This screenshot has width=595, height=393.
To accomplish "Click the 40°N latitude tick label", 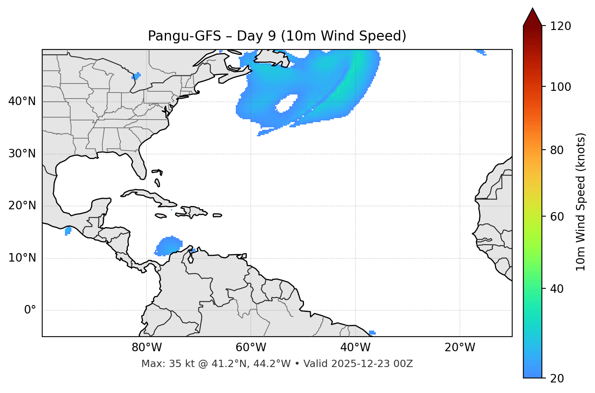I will coord(22,101).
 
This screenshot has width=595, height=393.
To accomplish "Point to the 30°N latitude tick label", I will coord(22,154).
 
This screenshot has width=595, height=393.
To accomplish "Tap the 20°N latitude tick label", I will coord(22,206).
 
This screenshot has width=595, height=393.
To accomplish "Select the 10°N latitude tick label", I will coord(22,258).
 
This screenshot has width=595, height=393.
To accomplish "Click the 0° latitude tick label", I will coord(30,310).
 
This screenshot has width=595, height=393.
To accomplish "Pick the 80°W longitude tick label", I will coord(147,348).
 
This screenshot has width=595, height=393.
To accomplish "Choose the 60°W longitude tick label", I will coord(251,348).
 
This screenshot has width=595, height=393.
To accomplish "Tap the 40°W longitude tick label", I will coord(355,348).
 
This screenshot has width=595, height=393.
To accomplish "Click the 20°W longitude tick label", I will coord(459,348).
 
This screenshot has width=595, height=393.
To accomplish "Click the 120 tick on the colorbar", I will coord(561,26).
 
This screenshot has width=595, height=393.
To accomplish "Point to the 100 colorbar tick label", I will coord(561,87).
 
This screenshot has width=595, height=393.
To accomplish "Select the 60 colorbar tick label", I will coord(558,217).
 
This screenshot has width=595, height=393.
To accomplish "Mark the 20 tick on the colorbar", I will coord(558,378).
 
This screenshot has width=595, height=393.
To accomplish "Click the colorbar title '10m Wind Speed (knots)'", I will coord(581,202).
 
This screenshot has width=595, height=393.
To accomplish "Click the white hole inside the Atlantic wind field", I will coord(287,103).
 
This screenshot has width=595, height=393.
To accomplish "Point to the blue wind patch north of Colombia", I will coord(168,246).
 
